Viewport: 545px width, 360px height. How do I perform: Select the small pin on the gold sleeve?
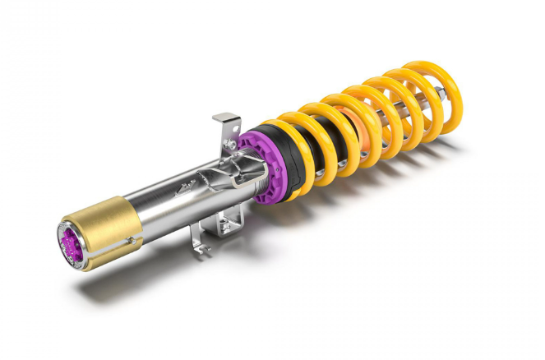[131, 239]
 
